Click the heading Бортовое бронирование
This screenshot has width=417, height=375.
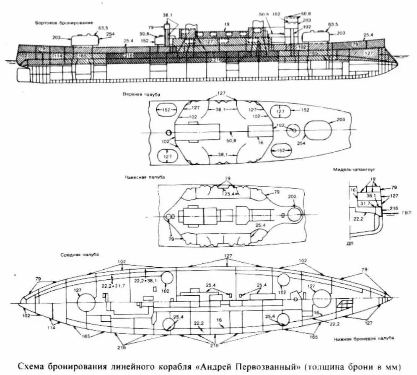(x=64, y=22)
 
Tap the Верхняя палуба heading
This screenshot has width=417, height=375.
(x=136, y=95)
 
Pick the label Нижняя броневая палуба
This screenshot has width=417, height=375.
(x=363, y=338)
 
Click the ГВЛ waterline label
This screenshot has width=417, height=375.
(x=406, y=213)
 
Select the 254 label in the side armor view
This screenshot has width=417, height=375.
(x=110, y=34)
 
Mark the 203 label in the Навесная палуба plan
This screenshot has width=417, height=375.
(x=293, y=197)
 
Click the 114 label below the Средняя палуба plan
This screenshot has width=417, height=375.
(x=51, y=328)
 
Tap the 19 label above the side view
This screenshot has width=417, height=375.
(x=227, y=24)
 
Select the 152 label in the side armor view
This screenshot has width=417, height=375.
(x=145, y=41)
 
